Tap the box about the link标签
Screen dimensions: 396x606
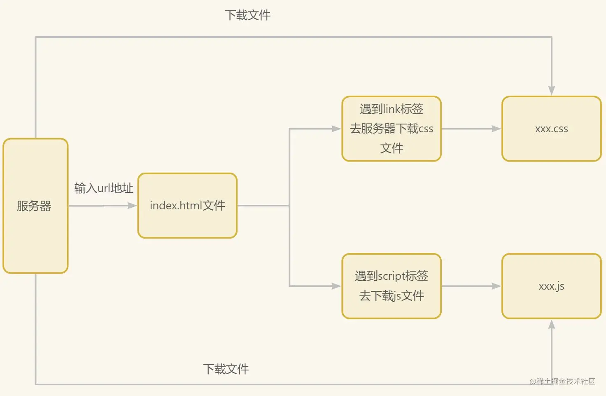click(x=392, y=129)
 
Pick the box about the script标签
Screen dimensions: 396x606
click(x=392, y=286)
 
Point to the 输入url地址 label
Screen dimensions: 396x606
click(x=104, y=188)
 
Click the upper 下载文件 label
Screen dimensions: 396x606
click(x=247, y=15)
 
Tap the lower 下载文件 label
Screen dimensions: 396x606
click(x=226, y=369)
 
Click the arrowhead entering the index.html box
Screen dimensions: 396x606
click(x=132, y=206)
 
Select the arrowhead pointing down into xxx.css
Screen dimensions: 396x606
click(x=552, y=91)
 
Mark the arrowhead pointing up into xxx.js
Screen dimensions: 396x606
click(x=552, y=325)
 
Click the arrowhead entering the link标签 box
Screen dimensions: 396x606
click(x=336, y=129)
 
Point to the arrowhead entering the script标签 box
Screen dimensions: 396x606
click(x=336, y=286)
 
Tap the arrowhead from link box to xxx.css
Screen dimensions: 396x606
click(x=496, y=129)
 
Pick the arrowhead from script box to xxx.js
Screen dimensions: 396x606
click(x=496, y=286)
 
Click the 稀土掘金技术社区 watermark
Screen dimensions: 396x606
click(x=562, y=381)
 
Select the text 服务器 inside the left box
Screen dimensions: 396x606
click(x=34, y=206)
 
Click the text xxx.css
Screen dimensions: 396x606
click(x=551, y=129)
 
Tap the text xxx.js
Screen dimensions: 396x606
click(x=551, y=286)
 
